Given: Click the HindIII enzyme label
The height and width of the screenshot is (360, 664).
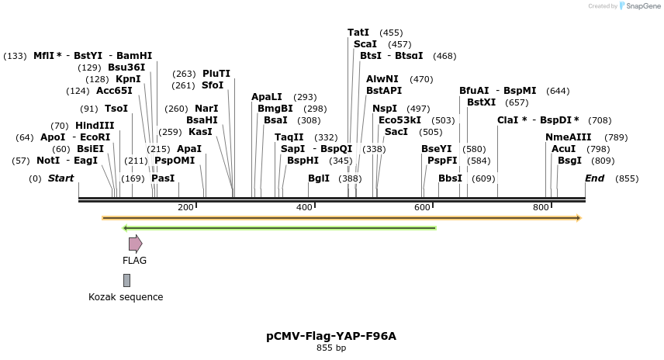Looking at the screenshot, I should point(95,126).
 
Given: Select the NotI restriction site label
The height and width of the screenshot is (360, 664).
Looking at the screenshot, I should point(48,161).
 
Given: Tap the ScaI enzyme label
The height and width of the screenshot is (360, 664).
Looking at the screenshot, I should point(365,44).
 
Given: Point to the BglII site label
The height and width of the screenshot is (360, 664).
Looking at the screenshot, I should point(319,178).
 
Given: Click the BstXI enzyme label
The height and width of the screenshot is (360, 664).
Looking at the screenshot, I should point(481,102).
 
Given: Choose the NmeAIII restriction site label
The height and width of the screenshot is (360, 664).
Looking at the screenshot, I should point(568,137).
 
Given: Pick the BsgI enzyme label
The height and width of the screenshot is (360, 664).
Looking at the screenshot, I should point(569,161).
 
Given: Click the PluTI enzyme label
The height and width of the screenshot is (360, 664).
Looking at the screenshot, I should point(216,74).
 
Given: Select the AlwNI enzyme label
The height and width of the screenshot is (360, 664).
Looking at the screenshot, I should point(382,79).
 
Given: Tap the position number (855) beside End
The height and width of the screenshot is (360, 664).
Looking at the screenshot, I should point(627,178).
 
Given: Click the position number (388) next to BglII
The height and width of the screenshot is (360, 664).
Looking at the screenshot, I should point(350,178).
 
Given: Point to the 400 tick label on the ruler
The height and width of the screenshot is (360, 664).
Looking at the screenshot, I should point(304,207).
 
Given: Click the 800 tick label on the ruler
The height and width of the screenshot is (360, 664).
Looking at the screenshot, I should point(540,207).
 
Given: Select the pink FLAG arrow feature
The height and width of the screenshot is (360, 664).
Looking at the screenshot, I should point(135,244).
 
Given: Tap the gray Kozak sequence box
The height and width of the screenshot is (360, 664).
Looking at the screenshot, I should point(126,280).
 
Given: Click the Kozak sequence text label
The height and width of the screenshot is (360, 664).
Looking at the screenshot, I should point(126,297).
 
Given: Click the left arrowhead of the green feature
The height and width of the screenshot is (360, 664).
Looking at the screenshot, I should point(126,228).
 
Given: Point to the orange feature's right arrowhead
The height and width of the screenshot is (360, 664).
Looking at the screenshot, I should point(578,218).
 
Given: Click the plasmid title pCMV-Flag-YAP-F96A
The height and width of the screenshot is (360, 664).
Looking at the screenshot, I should point(331,336).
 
